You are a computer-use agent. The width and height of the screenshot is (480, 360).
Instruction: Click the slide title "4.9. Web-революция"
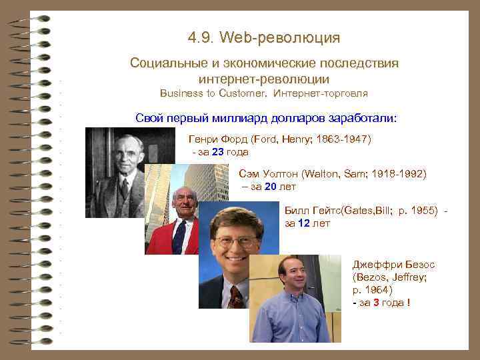(x=264, y=37)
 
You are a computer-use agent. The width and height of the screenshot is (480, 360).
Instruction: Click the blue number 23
(x=218, y=152)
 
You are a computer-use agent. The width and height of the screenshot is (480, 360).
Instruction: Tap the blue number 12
(x=303, y=223)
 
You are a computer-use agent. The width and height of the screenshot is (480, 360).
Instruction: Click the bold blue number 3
(x=377, y=303)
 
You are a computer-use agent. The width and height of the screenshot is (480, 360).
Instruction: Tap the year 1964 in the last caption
(x=377, y=290)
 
